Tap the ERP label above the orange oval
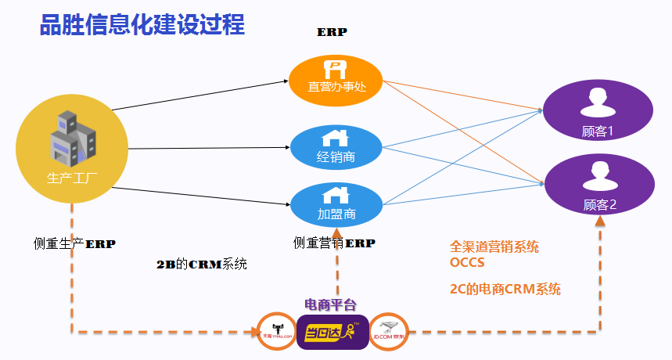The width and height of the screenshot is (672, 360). pyautogui.click(x=332, y=33)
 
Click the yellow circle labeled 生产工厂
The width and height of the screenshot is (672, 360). pyautogui.click(x=71, y=148)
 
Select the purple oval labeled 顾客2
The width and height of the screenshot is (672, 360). pyautogui.click(x=599, y=186)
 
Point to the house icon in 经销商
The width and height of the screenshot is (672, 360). pyautogui.click(x=335, y=138)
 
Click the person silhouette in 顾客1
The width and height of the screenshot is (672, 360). pyautogui.click(x=599, y=101)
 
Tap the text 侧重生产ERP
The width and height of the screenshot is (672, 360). pyautogui.click(x=74, y=243)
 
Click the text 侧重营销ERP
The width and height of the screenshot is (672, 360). pyautogui.click(x=334, y=243)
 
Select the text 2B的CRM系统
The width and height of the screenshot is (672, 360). pyautogui.click(x=202, y=264)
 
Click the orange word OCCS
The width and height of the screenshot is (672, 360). pyautogui.click(x=467, y=262)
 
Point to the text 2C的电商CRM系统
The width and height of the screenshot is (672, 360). pyautogui.click(x=505, y=289)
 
